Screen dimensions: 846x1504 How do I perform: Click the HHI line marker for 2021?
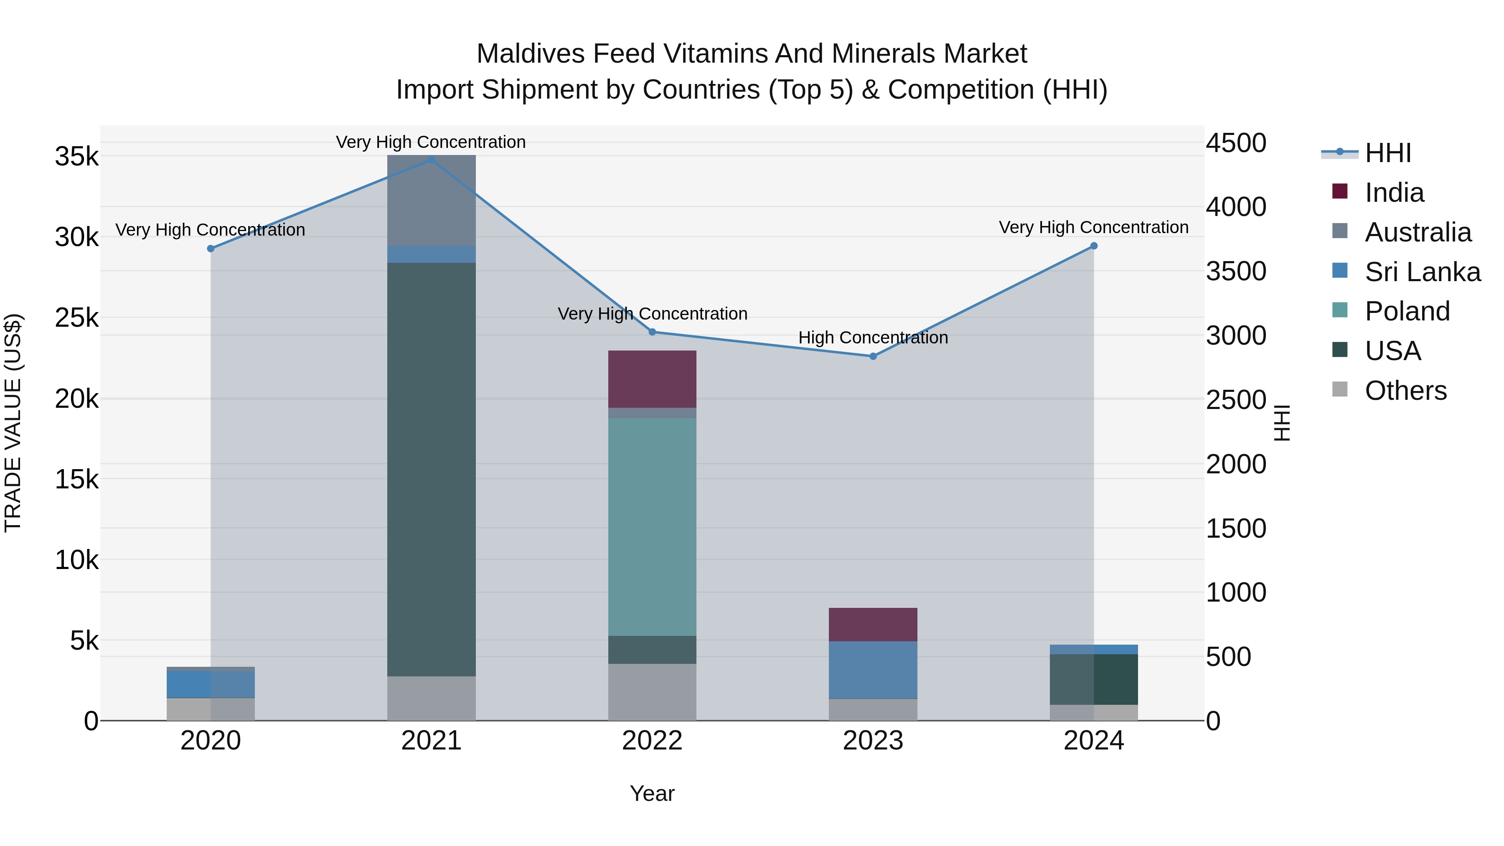click(x=432, y=160)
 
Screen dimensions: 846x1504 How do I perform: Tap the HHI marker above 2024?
click(x=1094, y=246)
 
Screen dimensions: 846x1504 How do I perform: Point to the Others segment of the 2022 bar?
click(x=652, y=692)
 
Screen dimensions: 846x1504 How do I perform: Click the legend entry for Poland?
click(x=1407, y=311)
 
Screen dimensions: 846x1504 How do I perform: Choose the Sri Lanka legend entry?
click(x=1422, y=272)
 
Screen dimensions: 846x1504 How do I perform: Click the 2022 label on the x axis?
click(x=652, y=741)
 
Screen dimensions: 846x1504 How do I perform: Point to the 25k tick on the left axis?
click(x=76, y=318)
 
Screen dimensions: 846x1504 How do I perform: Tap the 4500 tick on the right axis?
click(x=1236, y=143)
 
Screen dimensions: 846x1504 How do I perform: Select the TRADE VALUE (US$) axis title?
click(x=13, y=423)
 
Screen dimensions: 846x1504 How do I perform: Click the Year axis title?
click(x=652, y=793)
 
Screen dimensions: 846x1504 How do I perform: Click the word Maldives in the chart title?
click(x=531, y=54)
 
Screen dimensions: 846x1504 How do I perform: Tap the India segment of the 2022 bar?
click(x=652, y=379)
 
